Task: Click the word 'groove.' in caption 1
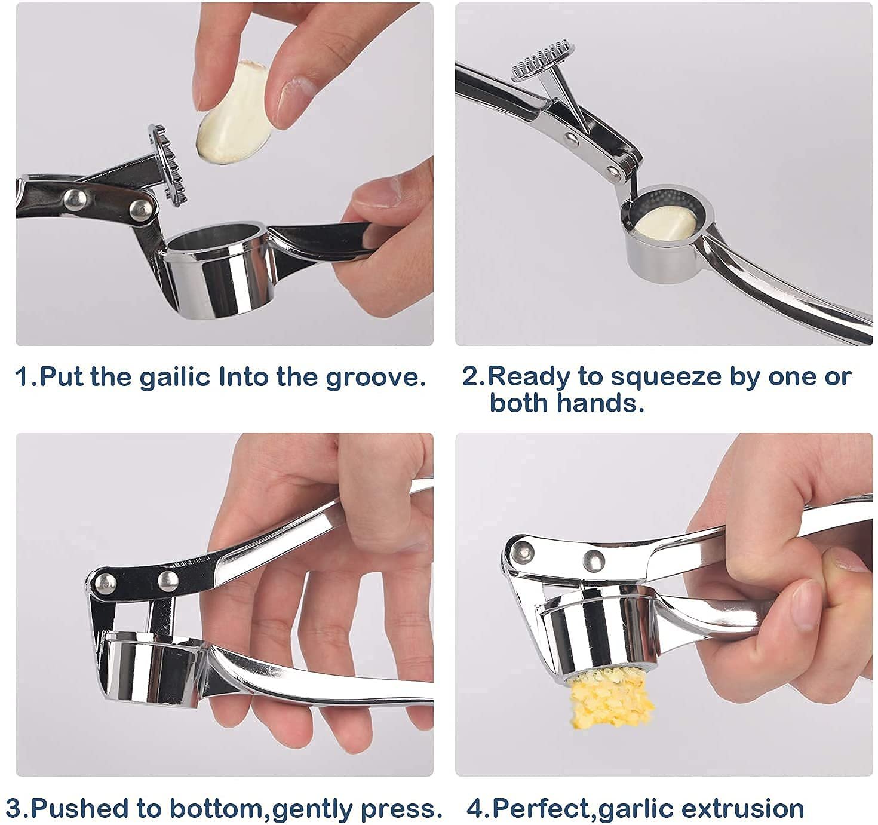pos(376,378)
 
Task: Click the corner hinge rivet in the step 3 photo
pos(105,584)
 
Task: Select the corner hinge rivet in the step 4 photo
pos(524,553)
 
